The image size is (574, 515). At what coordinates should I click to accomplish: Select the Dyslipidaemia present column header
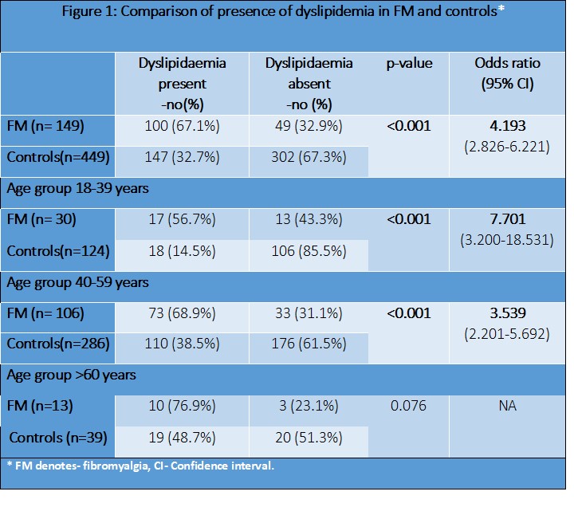click(x=183, y=83)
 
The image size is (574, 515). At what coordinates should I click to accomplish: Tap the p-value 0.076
click(x=409, y=406)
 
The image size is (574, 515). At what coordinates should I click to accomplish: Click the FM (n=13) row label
click(x=40, y=407)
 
